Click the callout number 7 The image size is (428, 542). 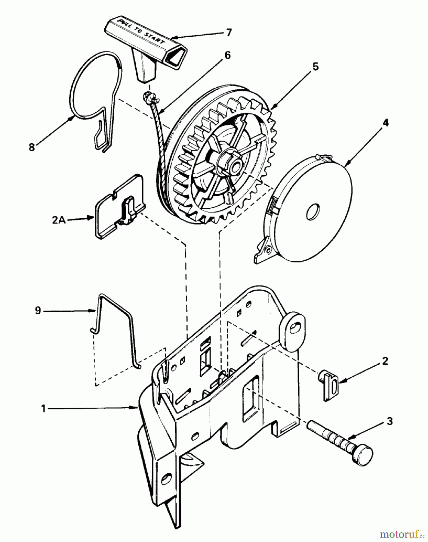[x=229, y=33]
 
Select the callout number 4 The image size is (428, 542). [x=385, y=123]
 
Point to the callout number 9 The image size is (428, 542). [x=38, y=310]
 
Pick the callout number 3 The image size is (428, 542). [x=389, y=421]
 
